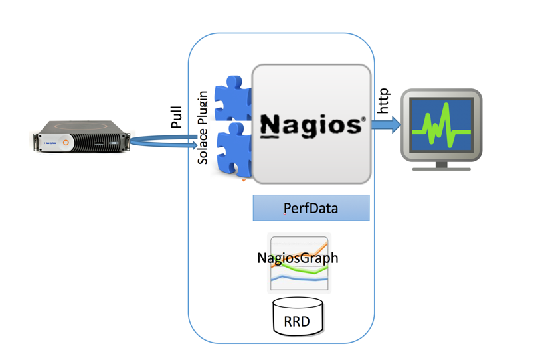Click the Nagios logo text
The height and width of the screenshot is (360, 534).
point(311,125)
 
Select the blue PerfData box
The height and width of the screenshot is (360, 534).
point(311,208)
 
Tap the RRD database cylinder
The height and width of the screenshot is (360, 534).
point(298,317)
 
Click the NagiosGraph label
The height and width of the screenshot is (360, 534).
point(298,258)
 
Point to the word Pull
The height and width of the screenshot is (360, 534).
point(176,116)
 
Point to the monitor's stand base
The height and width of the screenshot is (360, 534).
point(441,168)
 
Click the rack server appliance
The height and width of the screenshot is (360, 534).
point(81,136)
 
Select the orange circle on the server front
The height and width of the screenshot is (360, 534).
point(66,142)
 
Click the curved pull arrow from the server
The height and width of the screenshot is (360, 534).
point(159,141)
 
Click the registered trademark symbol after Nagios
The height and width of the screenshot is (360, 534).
point(363,120)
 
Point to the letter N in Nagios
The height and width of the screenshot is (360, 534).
point(270,125)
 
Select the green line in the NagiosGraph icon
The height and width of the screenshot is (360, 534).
point(299,270)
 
